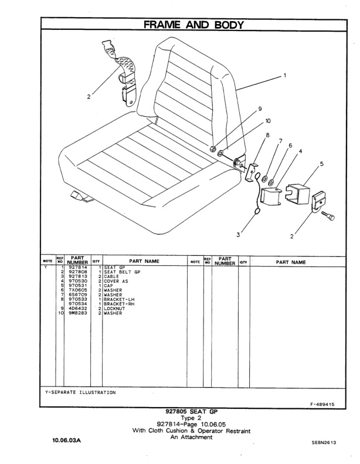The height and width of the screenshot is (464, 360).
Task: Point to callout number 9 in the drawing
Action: point(259,109)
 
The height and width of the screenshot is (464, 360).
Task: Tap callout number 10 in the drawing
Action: point(268,121)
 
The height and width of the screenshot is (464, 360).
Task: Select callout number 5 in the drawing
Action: point(321,164)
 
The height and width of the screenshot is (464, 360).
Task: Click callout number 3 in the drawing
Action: point(238,235)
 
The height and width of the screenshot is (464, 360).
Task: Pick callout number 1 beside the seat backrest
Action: point(284,76)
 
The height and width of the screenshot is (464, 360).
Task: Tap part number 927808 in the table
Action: point(78,272)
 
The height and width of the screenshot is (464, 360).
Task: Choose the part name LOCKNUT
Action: point(116,309)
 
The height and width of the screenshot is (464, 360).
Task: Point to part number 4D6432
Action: point(78,309)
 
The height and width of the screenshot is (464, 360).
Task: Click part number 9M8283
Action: point(78,313)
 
